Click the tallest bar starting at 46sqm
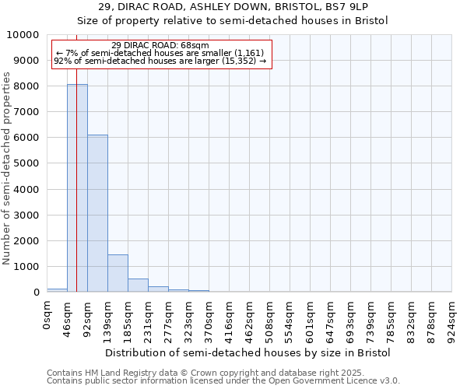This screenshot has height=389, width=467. point(77,187)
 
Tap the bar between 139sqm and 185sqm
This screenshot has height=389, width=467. point(118,273)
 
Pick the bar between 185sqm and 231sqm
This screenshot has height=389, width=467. point(138,285)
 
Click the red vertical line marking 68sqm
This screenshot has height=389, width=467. point(76,156)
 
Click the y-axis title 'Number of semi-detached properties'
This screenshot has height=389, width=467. point(7,168)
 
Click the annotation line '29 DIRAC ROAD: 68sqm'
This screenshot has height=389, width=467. point(160,46)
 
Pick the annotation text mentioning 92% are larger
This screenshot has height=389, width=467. point(160,61)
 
